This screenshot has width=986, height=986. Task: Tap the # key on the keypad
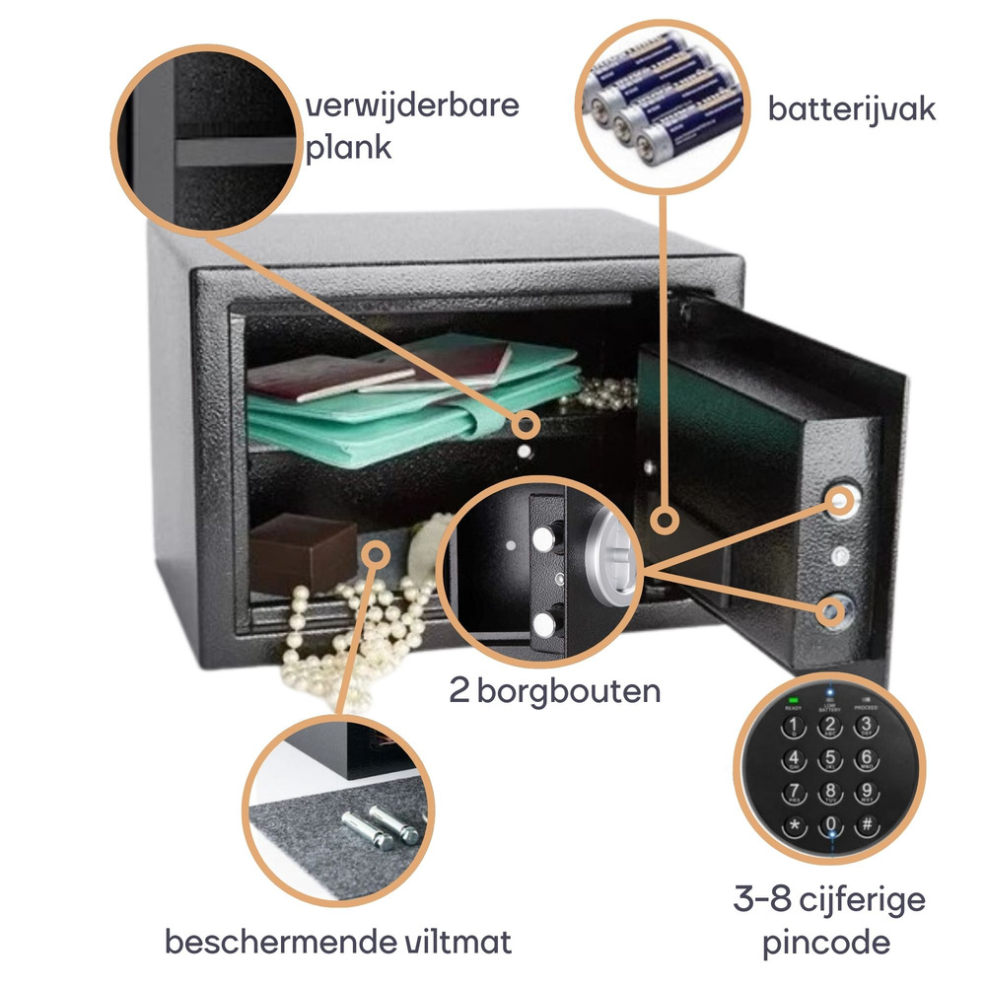[x=866, y=824]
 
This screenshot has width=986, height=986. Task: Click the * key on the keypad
[x=792, y=824]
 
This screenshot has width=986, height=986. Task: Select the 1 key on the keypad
[x=792, y=728]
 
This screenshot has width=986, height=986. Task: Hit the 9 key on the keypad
[x=866, y=792]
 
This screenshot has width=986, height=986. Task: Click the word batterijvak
[x=851, y=107]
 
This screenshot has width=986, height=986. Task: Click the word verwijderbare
[x=413, y=106]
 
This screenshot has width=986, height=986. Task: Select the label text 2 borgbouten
[x=554, y=691]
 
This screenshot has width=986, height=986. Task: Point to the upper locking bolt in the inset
[x=542, y=537]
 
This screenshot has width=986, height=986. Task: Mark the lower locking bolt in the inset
[x=542, y=623]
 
